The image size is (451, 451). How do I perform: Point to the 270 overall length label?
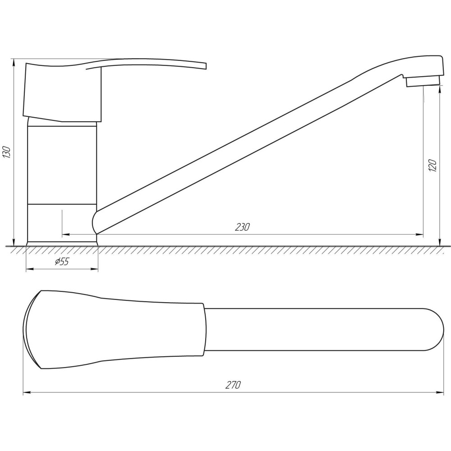(x=233, y=385)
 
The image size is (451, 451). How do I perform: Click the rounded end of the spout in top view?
(x=435, y=330)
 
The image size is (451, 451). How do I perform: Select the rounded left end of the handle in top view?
(x=27, y=330)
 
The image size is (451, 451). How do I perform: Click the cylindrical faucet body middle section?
(x=62, y=165)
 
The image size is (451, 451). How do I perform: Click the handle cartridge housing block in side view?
(x=63, y=92)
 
